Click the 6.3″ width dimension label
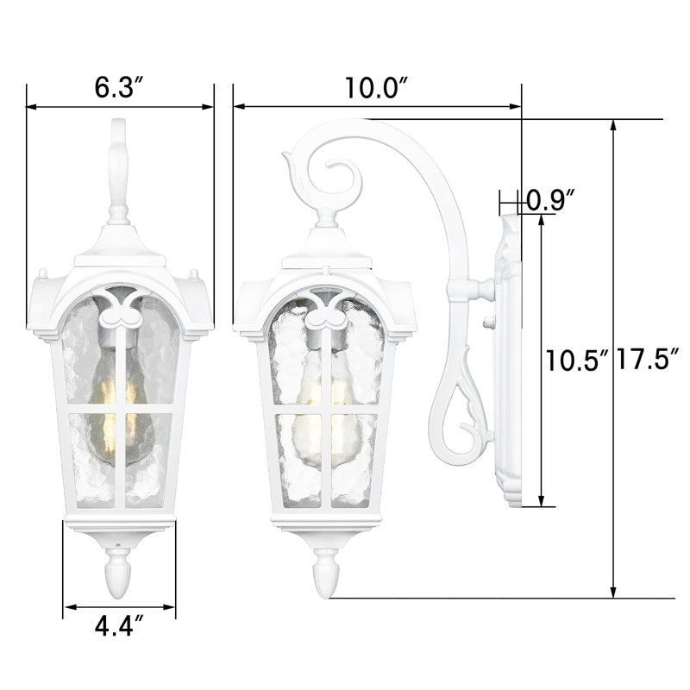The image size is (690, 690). tap(119, 87)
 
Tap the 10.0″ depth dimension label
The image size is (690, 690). tap(377, 87)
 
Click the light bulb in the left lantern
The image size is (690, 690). tap(119, 409)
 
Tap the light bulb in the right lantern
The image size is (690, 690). tap(323, 409)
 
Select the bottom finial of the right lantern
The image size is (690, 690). tap(327, 574)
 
